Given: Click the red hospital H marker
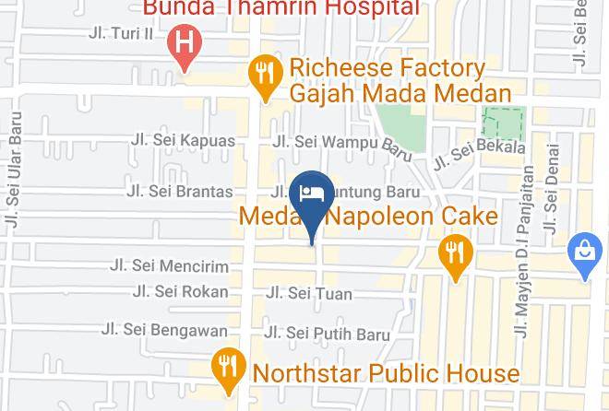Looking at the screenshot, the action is pyautogui.click(x=185, y=44).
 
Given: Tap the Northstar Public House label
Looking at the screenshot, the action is pyautogui.click(x=386, y=373).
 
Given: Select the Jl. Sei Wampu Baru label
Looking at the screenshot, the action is pyautogui.click(x=340, y=142).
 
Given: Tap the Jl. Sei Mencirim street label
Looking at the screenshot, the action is pyautogui.click(x=168, y=265).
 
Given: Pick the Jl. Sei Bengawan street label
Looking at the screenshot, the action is pyautogui.click(x=164, y=329).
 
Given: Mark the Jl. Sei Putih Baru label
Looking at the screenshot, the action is pyautogui.click(x=327, y=334).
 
